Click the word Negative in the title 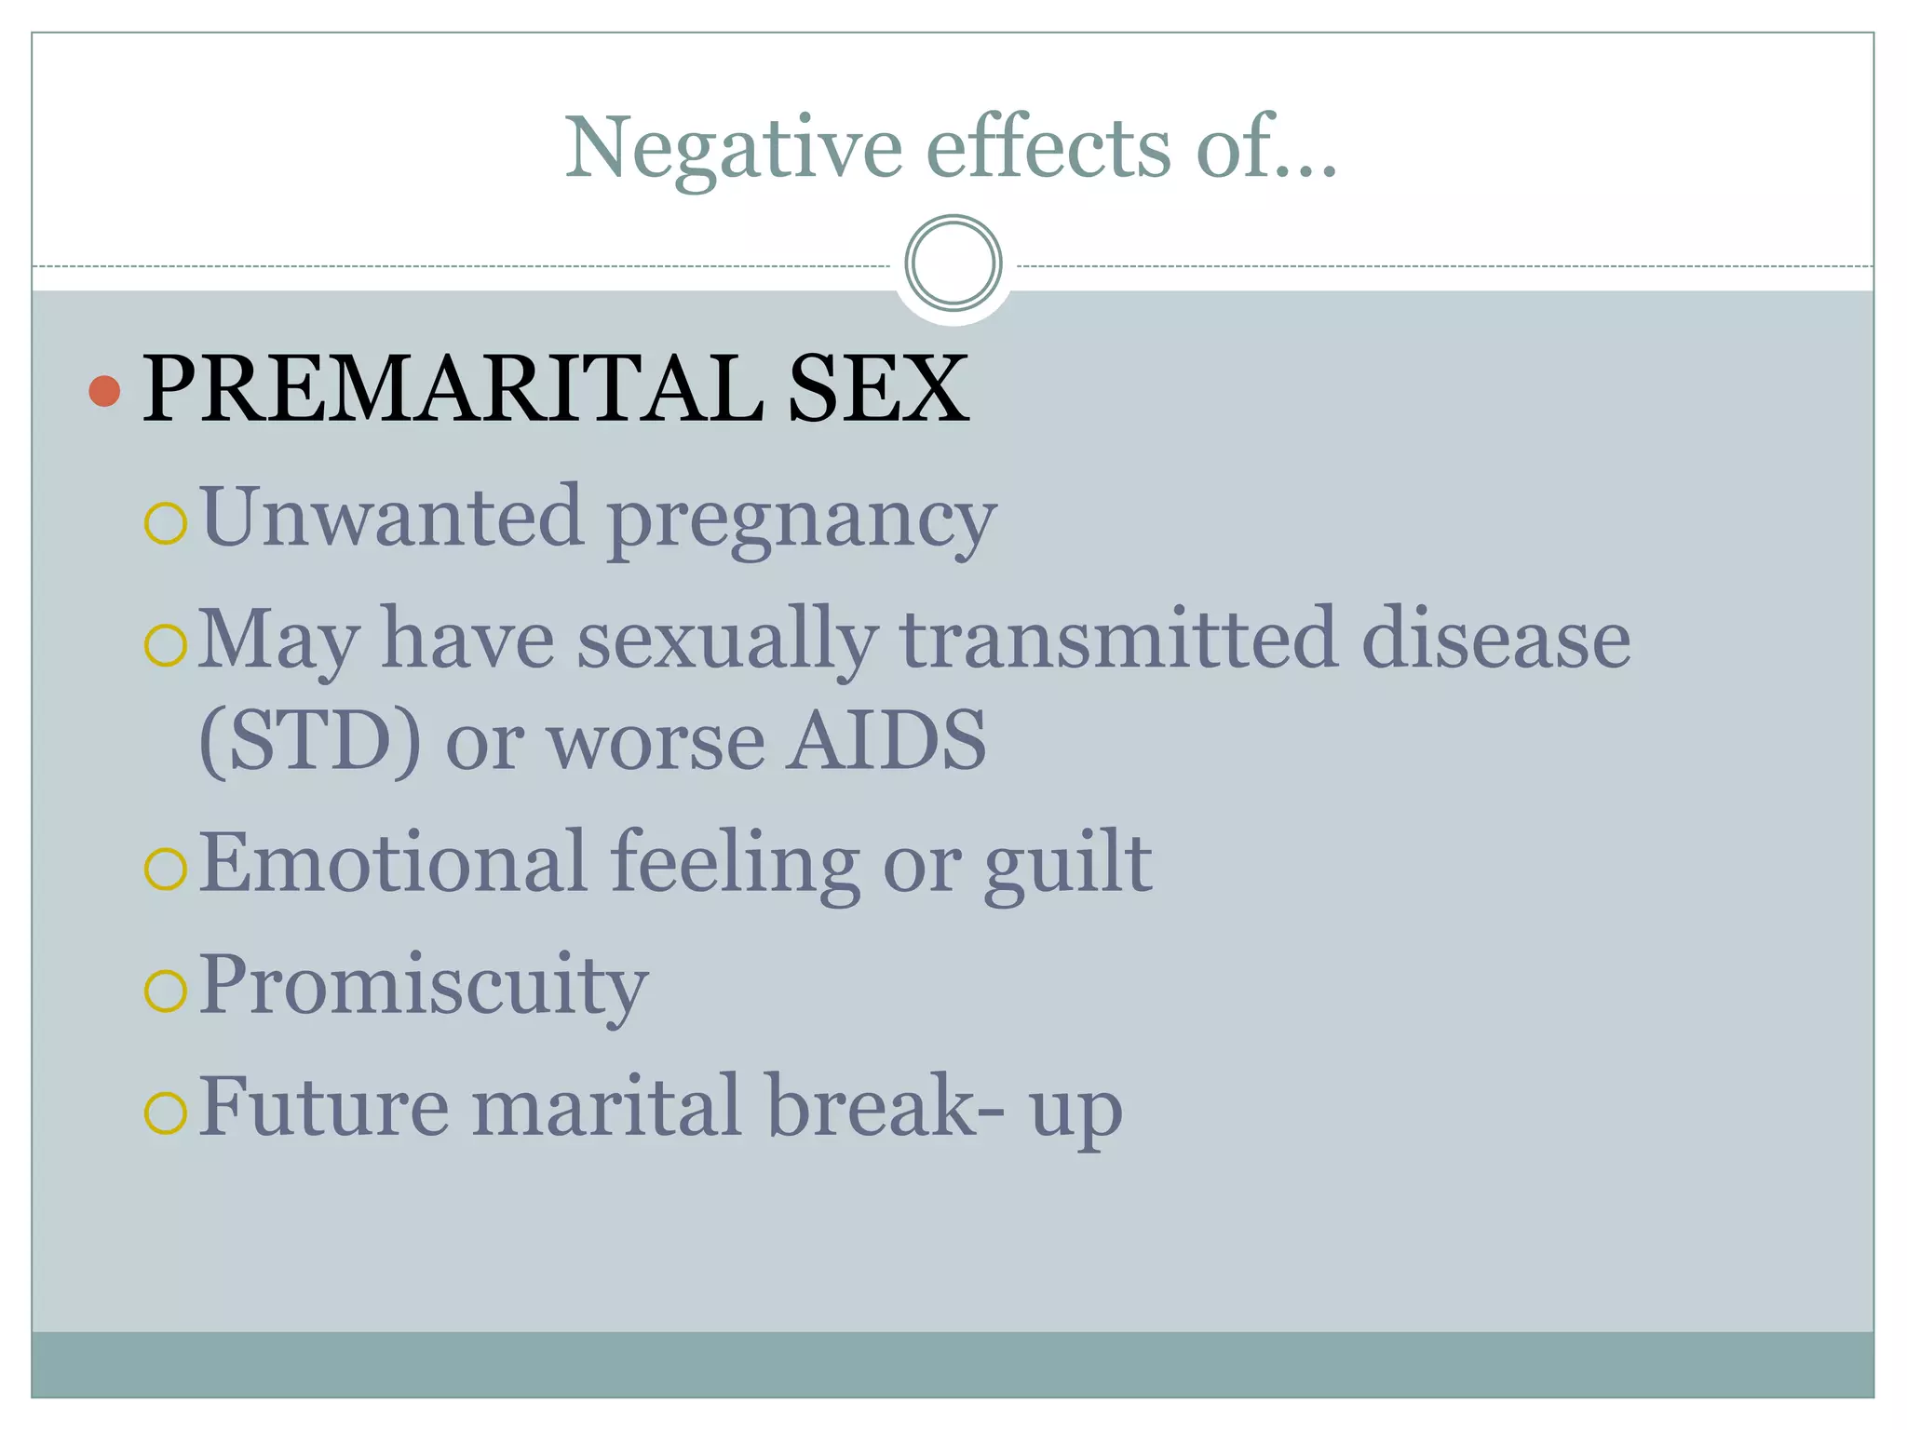point(734,149)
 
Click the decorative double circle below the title point(953,263)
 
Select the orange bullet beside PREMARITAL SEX point(104,391)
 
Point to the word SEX point(877,389)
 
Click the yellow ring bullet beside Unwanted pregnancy point(167,523)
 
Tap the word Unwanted point(392,517)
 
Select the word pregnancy point(802,521)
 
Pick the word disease point(1495,640)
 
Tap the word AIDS point(885,740)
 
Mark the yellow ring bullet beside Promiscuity point(167,991)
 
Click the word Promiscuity point(424,987)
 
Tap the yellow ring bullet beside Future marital point(167,1113)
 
